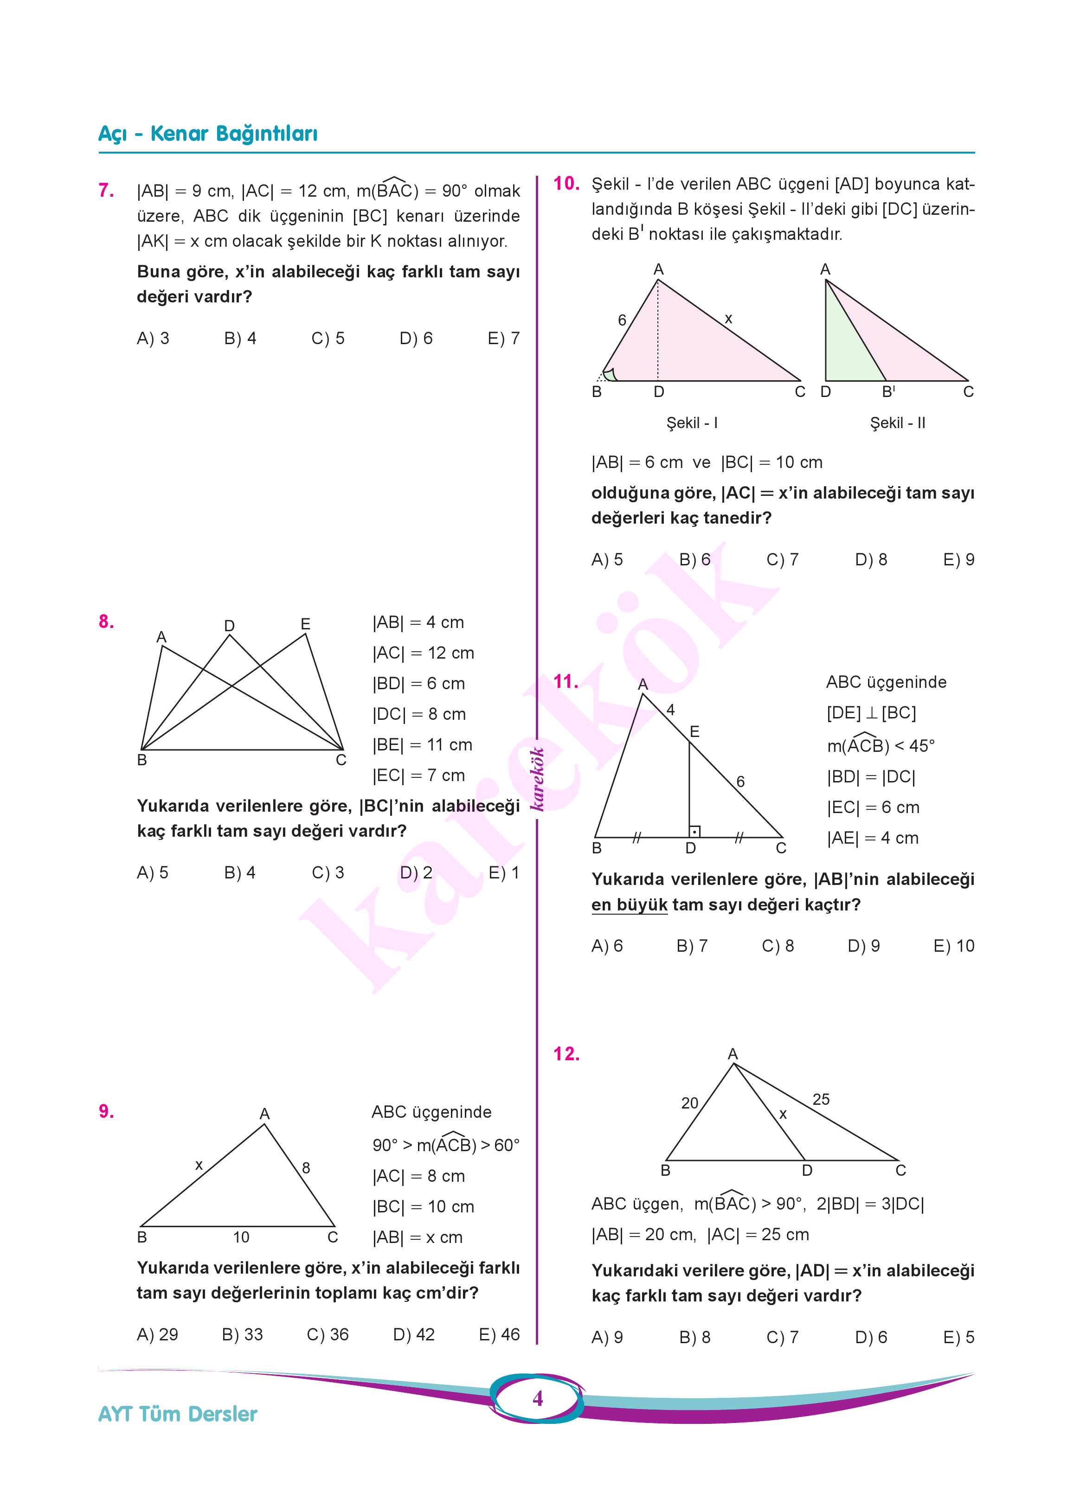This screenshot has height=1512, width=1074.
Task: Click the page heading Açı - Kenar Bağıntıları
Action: point(208,134)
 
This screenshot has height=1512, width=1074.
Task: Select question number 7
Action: point(106,191)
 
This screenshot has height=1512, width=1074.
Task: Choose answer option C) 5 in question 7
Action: point(328,339)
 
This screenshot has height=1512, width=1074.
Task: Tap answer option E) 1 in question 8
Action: point(503,873)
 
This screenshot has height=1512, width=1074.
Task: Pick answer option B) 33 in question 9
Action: point(242,1334)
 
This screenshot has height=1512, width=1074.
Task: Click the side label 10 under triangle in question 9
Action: point(241,1237)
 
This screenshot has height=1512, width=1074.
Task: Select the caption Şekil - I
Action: point(692,423)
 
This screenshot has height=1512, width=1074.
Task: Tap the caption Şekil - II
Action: point(897,423)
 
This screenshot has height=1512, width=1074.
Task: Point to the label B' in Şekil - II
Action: point(889,391)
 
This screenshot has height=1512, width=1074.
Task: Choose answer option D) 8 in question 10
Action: point(870,559)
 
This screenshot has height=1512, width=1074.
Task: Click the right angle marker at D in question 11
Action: point(695,831)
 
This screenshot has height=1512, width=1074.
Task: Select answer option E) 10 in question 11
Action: point(954,946)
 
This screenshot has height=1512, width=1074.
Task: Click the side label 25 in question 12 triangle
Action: point(821,1100)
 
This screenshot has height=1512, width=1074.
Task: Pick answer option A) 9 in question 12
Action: point(607,1338)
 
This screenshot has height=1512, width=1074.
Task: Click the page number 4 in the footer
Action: point(538,1398)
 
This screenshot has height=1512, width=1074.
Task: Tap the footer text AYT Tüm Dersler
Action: point(177,1414)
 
